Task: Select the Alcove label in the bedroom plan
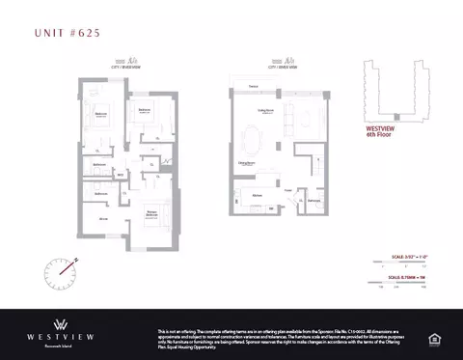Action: pos(103,220)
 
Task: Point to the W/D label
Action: pos(121,175)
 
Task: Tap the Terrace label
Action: pos(253,89)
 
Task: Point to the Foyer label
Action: pos(287,191)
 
